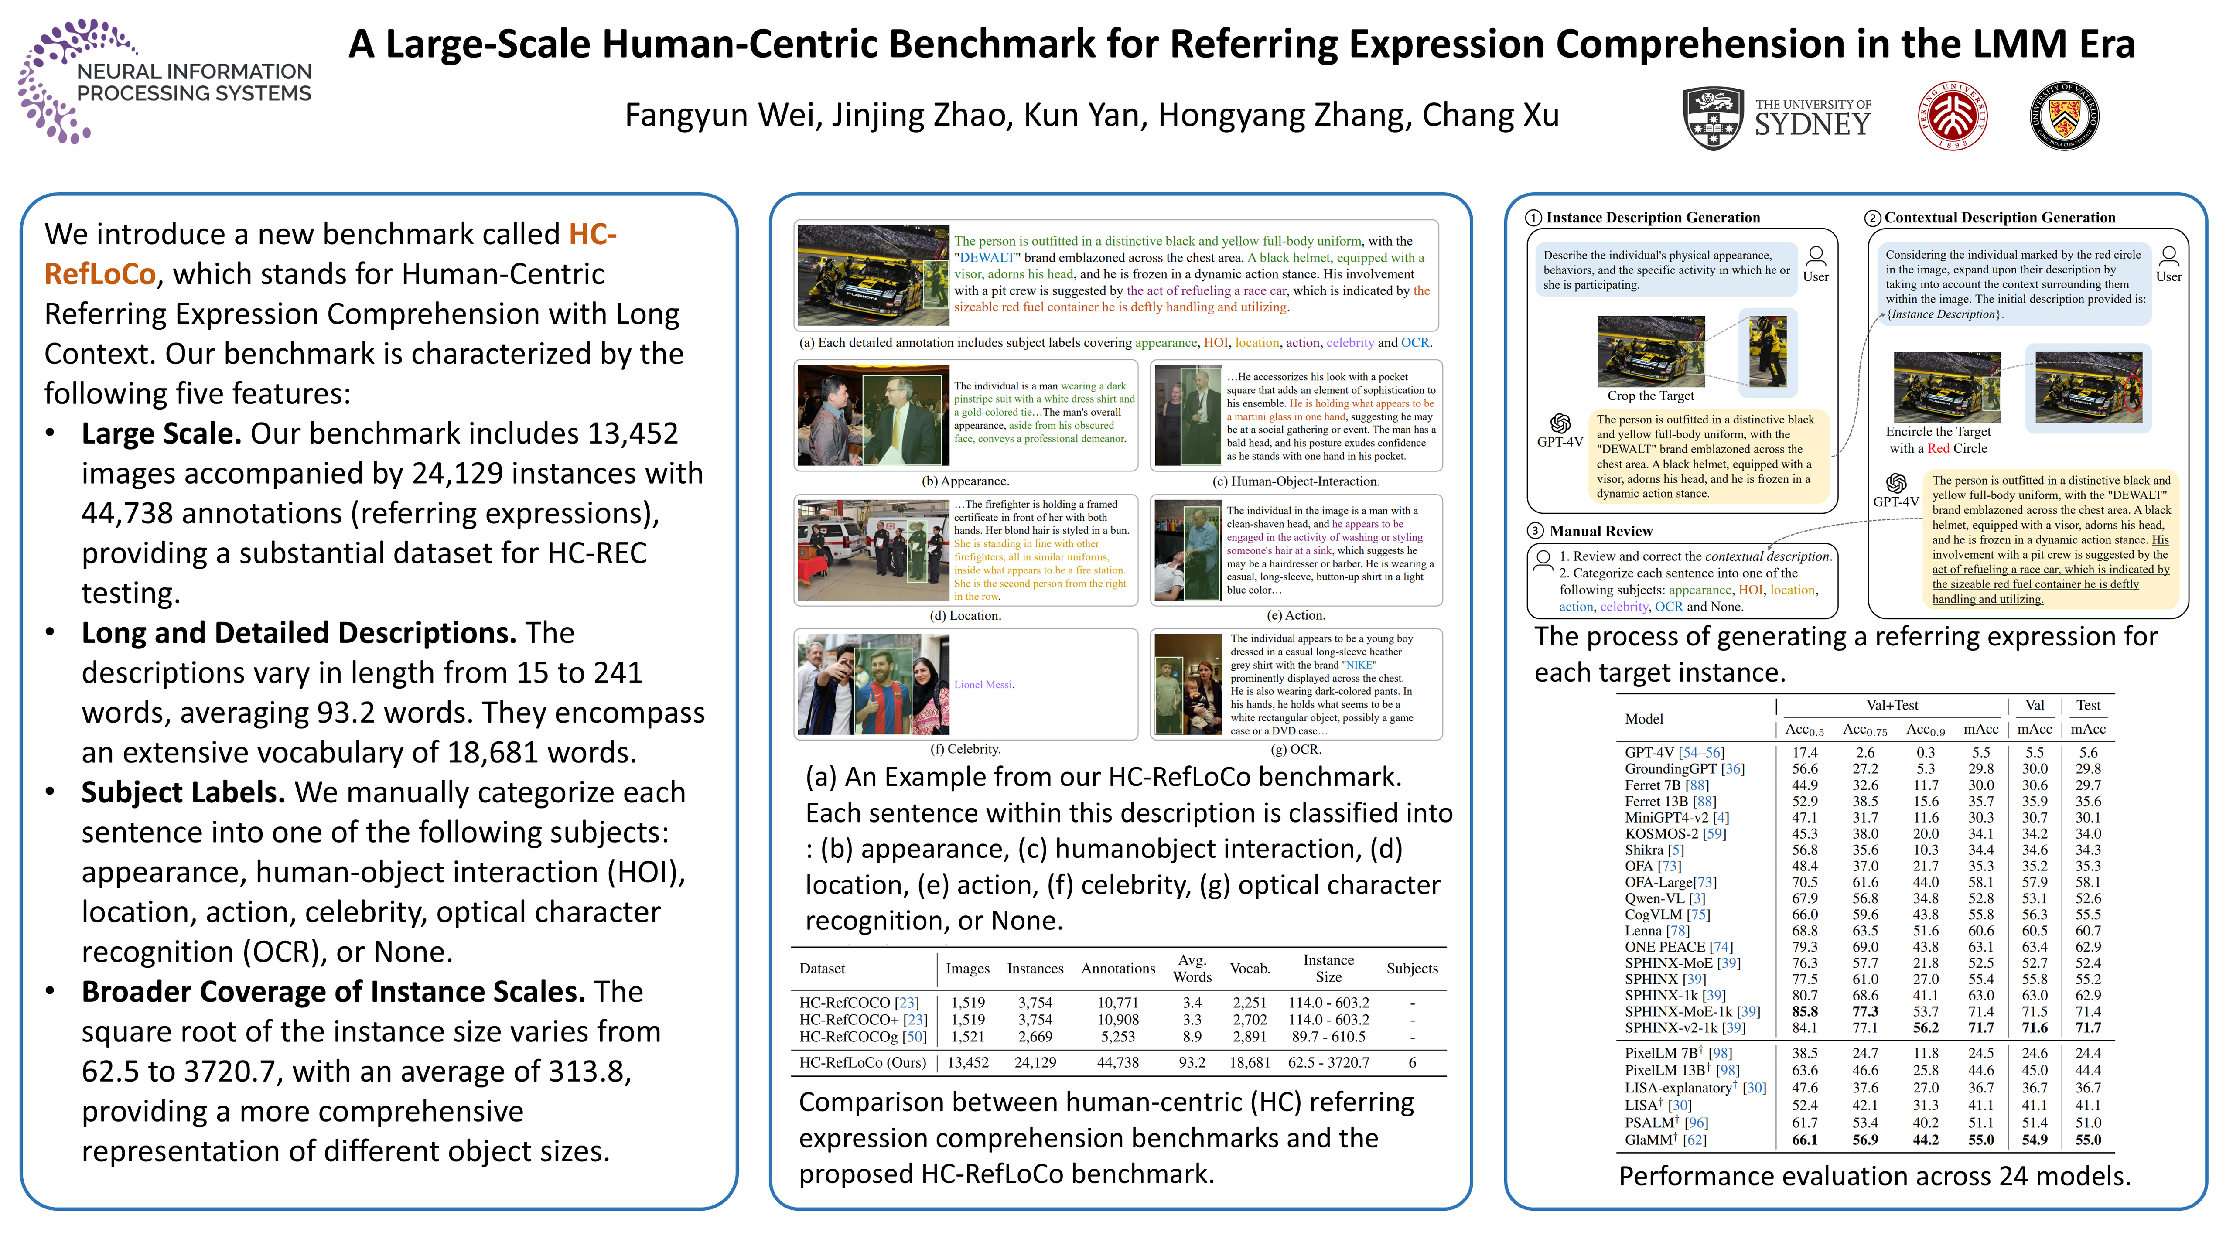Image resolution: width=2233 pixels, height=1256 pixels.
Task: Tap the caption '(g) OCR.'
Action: coord(1296,750)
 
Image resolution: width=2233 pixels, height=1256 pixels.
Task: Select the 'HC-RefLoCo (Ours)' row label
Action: coord(863,1063)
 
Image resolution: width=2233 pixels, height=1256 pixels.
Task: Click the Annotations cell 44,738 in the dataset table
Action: coord(1117,1063)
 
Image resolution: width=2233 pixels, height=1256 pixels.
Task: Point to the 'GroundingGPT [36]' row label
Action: coord(1684,769)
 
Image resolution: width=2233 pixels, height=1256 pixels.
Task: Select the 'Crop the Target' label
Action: coord(1650,396)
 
